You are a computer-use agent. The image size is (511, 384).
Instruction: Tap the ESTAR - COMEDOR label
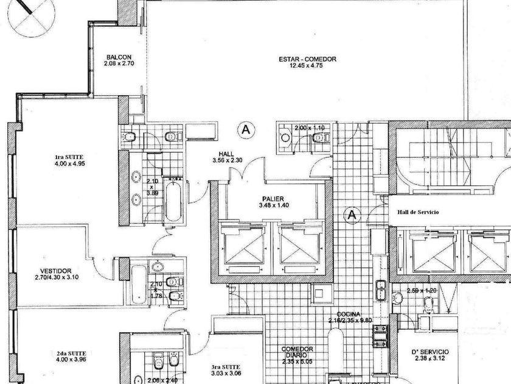pos(307,59)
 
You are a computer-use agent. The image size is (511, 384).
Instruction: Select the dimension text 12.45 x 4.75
pos(307,66)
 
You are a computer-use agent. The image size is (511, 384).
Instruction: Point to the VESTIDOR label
pos(58,271)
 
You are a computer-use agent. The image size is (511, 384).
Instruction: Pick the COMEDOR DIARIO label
pos(297,353)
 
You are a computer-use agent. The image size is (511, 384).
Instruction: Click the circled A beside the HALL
pos(246,129)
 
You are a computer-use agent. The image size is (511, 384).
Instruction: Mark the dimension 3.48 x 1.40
pos(267,205)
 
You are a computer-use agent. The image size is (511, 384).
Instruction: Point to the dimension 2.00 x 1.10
pos(309,129)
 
